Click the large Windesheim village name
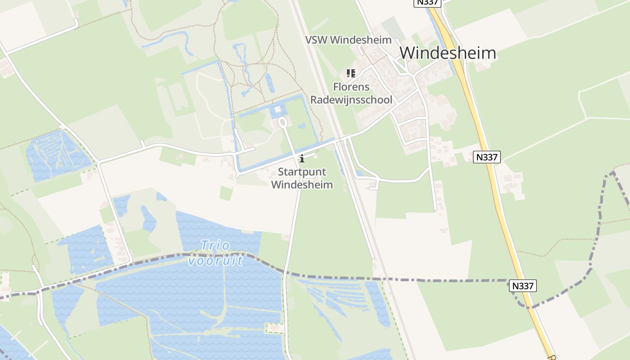[448, 53]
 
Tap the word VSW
[316, 40]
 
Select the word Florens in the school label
[351, 87]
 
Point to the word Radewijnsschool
[351, 99]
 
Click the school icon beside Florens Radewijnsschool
[351, 73]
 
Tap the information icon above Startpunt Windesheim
[301, 158]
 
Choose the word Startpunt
[302, 172]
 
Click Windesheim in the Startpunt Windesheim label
[302, 184]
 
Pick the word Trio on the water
[215, 246]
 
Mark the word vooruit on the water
[216, 260]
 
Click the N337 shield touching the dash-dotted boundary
[523, 285]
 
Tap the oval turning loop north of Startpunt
[283, 122]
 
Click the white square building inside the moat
[278, 110]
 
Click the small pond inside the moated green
[301, 126]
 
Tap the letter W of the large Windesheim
[407, 53]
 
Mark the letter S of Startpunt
[281, 172]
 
